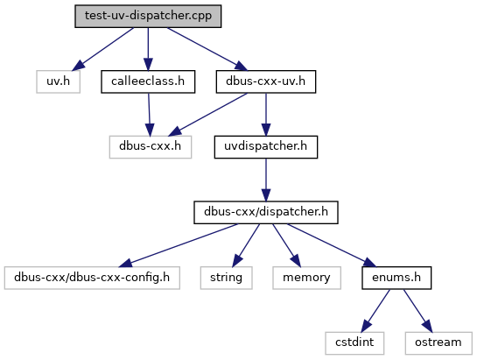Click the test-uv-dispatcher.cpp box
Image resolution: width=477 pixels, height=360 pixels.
pyautogui.click(x=148, y=16)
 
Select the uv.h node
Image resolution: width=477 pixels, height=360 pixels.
pyautogui.click(x=58, y=81)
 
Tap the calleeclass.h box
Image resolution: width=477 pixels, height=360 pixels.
pyautogui.click(x=148, y=81)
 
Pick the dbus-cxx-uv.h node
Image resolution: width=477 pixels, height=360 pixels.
pyautogui.click(x=266, y=81)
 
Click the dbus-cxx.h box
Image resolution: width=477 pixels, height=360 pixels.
pyautogui.click(x=151, y=147)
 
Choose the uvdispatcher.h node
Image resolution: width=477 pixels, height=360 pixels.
pyautogui.click(x=266, y=147)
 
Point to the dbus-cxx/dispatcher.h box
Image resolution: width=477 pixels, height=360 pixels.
pyautogui.click(x=266, y=212)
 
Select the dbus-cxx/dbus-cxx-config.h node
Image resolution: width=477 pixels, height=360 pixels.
pyautogui.click(x=92, y=278)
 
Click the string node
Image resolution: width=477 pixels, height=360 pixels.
pyautogui.click(x=227, y=278)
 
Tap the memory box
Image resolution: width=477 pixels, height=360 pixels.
pyautogui.click(x=306, y=278)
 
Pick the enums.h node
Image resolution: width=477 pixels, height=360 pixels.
pyautogui.click(x=396, y=278)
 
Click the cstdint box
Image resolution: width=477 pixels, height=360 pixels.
pyautogui.click(x=354, y=343)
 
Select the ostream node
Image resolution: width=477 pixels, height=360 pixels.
pyautogui.click(x=438, y=343)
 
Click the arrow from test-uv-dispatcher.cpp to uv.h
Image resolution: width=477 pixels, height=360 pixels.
pyautogui.click(x=103, y=49)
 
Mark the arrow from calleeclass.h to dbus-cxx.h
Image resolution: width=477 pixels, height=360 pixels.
pyautogui.click(x=149, y=114)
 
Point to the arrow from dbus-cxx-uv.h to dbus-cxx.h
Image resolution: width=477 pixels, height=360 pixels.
pyautogui.click(x=207, y=114)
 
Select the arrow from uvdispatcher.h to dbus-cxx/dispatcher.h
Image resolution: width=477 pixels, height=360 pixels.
pyautogui.click(x=266, y=180)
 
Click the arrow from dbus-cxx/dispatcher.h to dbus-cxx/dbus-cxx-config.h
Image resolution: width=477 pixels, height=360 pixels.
pyautogui.click(x=179, y=245)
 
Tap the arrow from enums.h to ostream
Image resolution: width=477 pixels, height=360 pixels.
pyautogui.click(x=417, y=311)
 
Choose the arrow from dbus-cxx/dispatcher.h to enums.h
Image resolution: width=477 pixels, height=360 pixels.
pyautogui.click(x=332, y=245)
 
